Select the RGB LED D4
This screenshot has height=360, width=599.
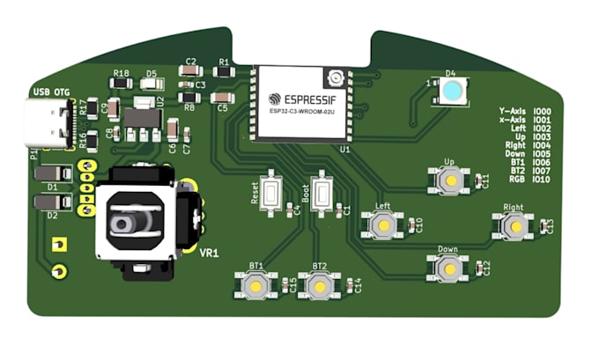[x=452, y=92]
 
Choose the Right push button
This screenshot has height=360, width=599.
[x=514, y=226]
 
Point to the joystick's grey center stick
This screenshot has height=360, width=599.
[x=125, y=223]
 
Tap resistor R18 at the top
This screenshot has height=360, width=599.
[x=122, y=84]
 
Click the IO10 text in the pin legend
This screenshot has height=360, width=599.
[x=542, y=180]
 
